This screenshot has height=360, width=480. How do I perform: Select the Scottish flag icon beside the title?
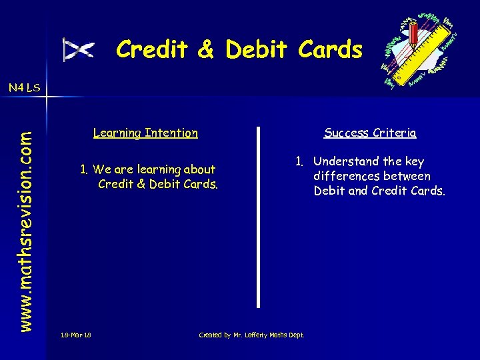pos(79,50)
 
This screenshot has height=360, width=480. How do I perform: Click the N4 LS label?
pos(24,87)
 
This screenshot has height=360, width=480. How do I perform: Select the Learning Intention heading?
pos(145,133)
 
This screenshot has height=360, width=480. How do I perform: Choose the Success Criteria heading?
pos(370,133)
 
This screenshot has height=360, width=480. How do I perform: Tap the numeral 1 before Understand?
pos(299,161)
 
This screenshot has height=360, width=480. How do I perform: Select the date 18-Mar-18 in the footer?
pos(75,335)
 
